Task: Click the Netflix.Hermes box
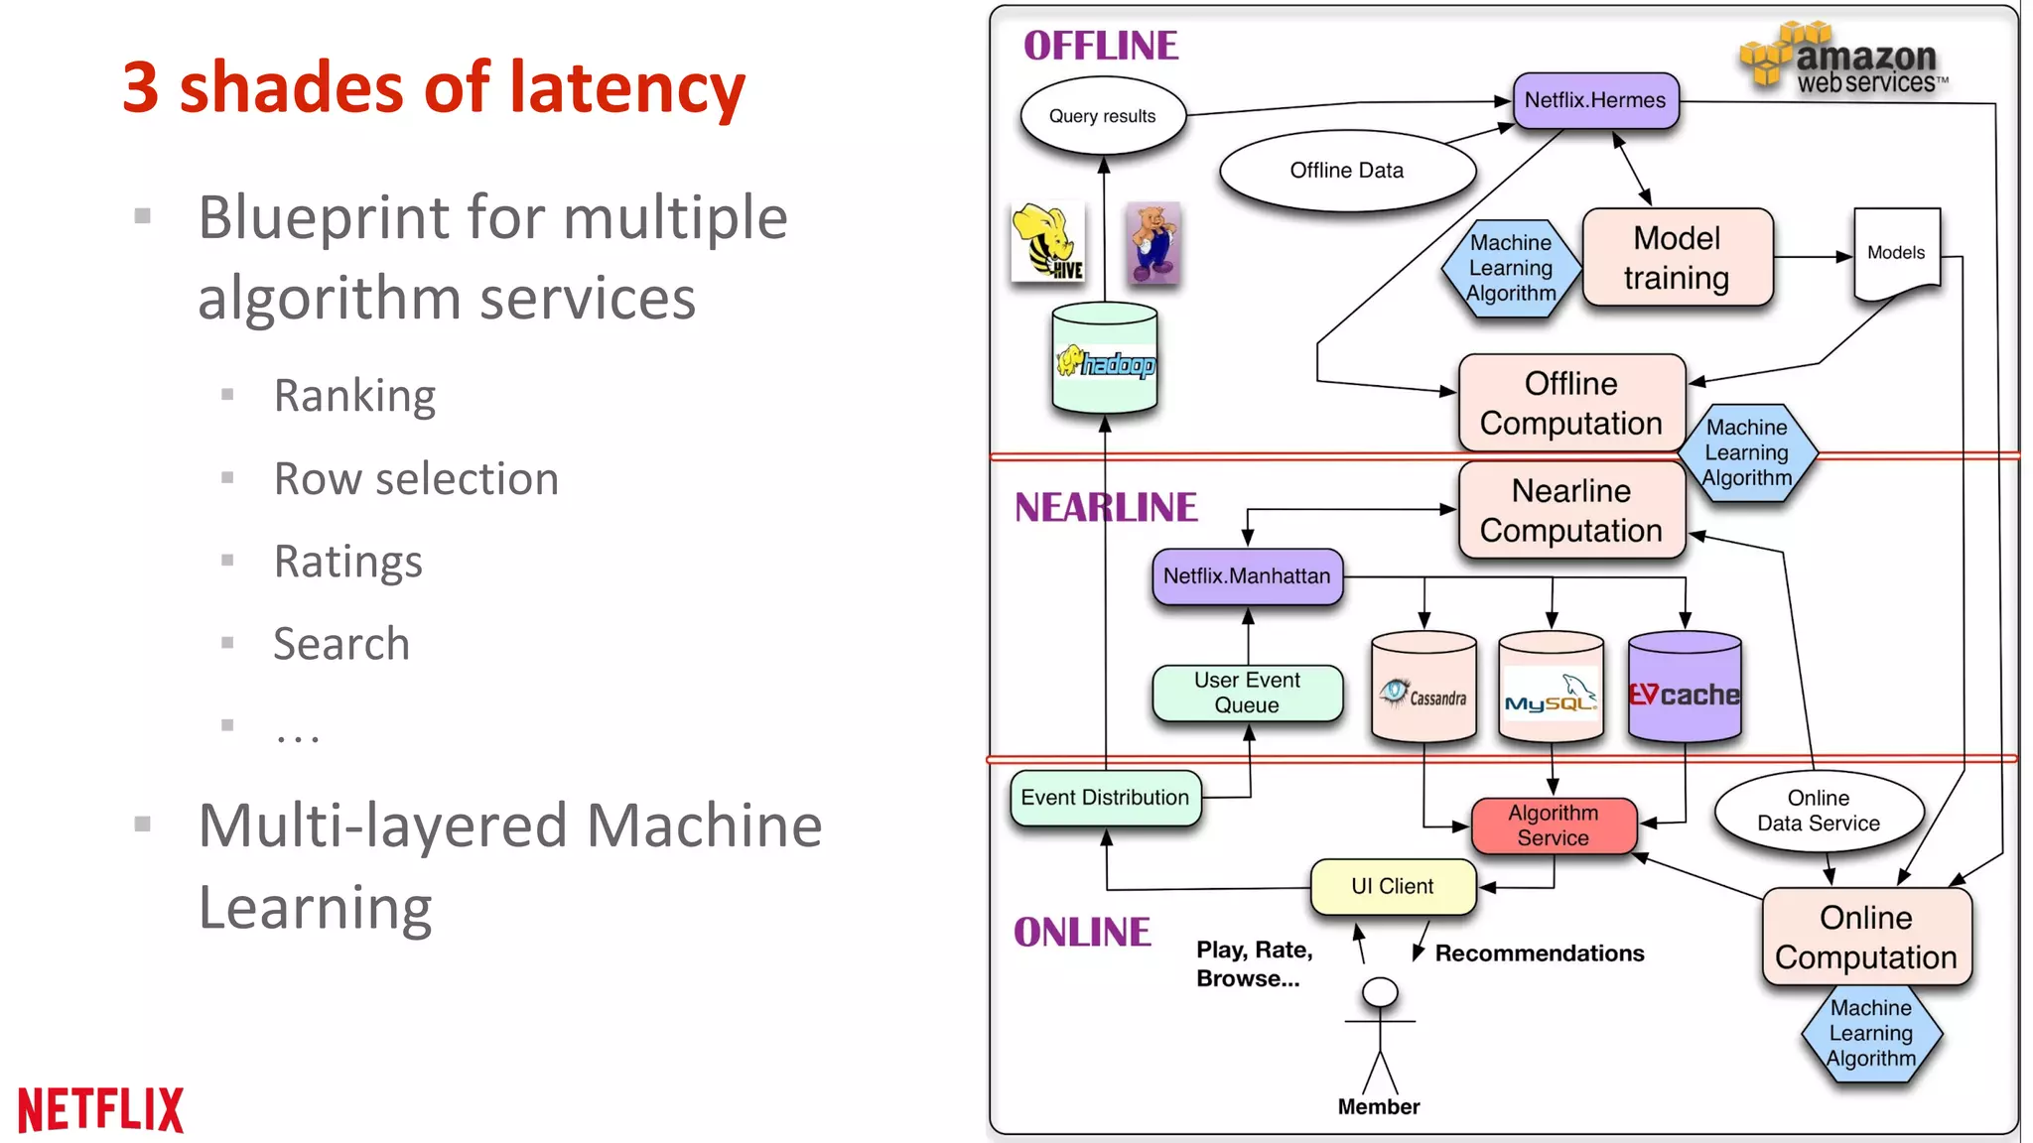tap(1595, 100)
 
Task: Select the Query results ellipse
tap(1102, 116)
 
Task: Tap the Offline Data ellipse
tap(1346, 171)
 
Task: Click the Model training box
tap(1677, 258)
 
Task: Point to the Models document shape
tap(1896, 253)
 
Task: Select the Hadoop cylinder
tap(1105, 359)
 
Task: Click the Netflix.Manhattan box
tap(1247, 576)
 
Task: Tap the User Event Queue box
tap(1247, 693)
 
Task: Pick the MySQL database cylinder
tap(1551, 690)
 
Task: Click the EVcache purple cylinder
tap(1685, 690)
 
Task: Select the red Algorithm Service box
tap(1554, 825)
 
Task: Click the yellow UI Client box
tap(1393, 886)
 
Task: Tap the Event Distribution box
tap(1105, 798)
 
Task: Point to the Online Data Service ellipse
tap(1818, 812)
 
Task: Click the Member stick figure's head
tap(1380, 991)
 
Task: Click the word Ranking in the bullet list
tap(354, 396)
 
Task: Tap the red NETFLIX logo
tap(101, 1109)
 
